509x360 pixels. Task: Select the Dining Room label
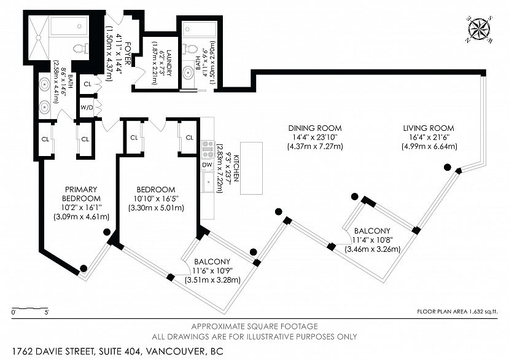pos(315,128)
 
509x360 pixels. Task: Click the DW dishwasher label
pos(207,165)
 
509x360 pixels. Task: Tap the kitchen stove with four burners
pos(208,149)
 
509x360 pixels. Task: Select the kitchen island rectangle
pos(251,168)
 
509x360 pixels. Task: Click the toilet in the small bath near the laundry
pos(192,48)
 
